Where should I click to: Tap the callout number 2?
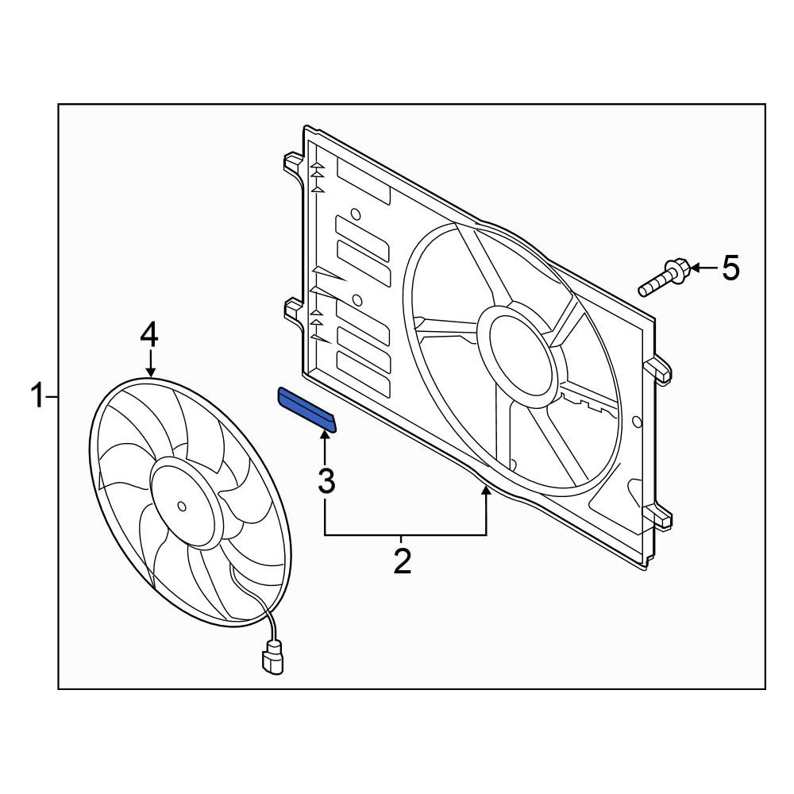click(x=403, y=561)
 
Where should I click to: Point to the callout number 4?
click(x=149, y=336)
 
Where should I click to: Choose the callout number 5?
click(x=730, y=268)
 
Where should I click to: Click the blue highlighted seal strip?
click(x=306, y=410)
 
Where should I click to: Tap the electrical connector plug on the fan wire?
click(x=272, y=657)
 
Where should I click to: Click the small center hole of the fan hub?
click(x=182, y=506)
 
